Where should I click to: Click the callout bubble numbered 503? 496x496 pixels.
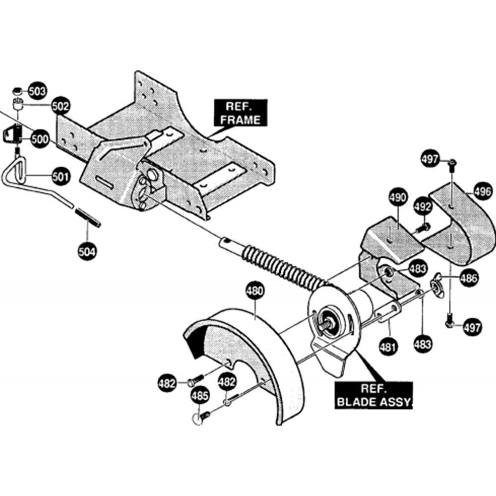37,91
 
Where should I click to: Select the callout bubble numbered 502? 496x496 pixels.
60,106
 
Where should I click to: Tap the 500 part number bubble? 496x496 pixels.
40,139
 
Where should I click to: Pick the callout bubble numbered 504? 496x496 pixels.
87,251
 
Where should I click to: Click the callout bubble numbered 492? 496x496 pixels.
423,206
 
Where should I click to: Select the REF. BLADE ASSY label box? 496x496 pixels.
373,395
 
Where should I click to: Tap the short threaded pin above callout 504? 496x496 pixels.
88,218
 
